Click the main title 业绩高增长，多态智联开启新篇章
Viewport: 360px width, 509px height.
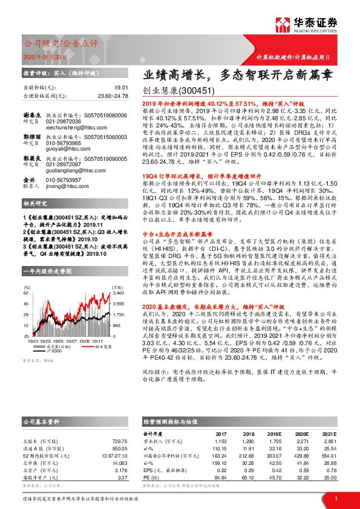click(237, 76)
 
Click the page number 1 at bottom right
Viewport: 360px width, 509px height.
click(335, 498)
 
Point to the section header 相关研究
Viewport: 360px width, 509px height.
click(35, 203)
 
